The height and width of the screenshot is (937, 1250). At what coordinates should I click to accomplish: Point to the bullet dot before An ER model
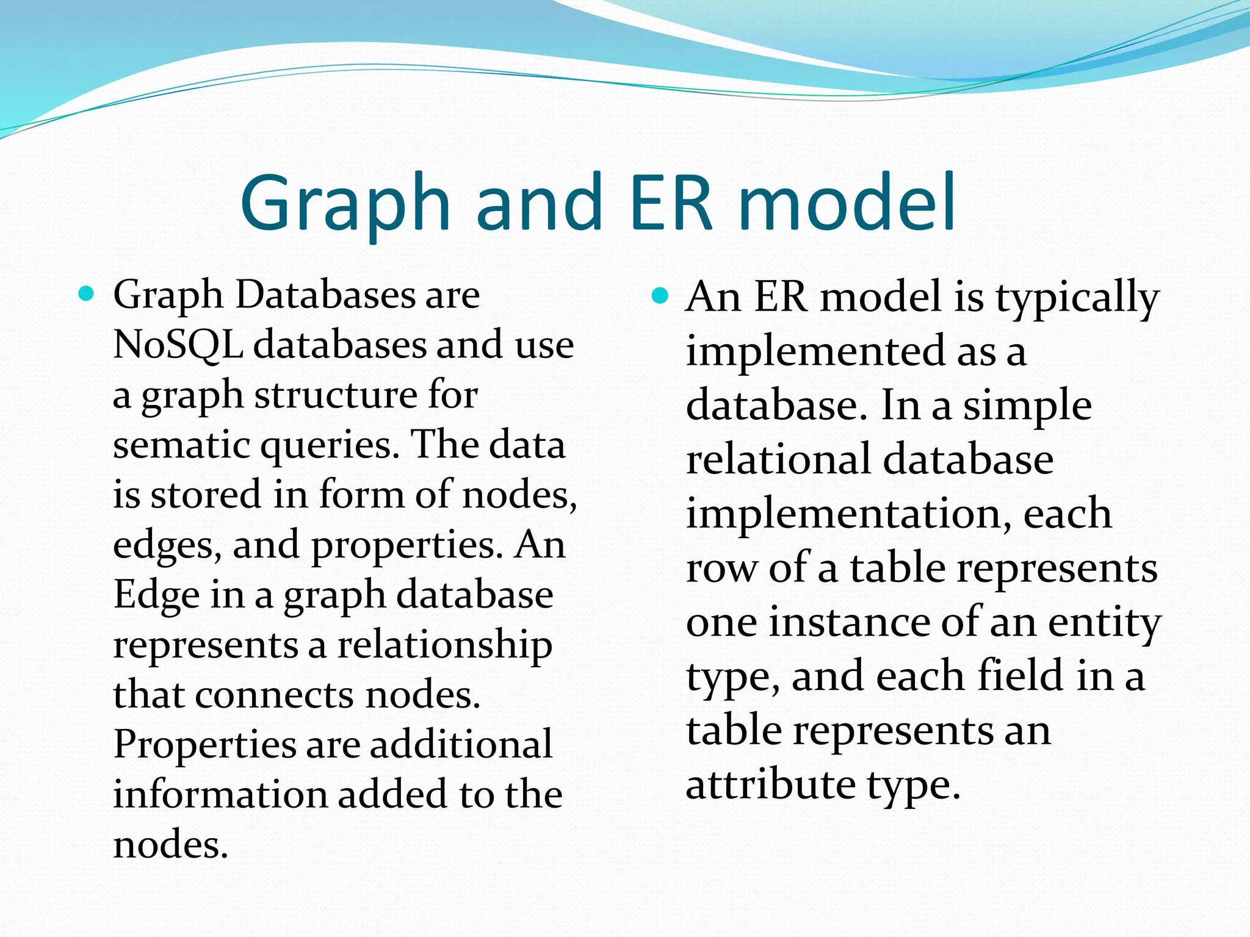[660, 296]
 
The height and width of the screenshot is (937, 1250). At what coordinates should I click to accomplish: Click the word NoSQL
[178, 345]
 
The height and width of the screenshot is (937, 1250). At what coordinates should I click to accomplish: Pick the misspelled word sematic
[181, 444]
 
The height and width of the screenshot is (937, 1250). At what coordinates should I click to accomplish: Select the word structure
[334, 395]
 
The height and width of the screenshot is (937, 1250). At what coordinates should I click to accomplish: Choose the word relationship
[446, 645]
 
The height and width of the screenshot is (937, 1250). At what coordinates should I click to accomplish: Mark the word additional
[461, 744]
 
